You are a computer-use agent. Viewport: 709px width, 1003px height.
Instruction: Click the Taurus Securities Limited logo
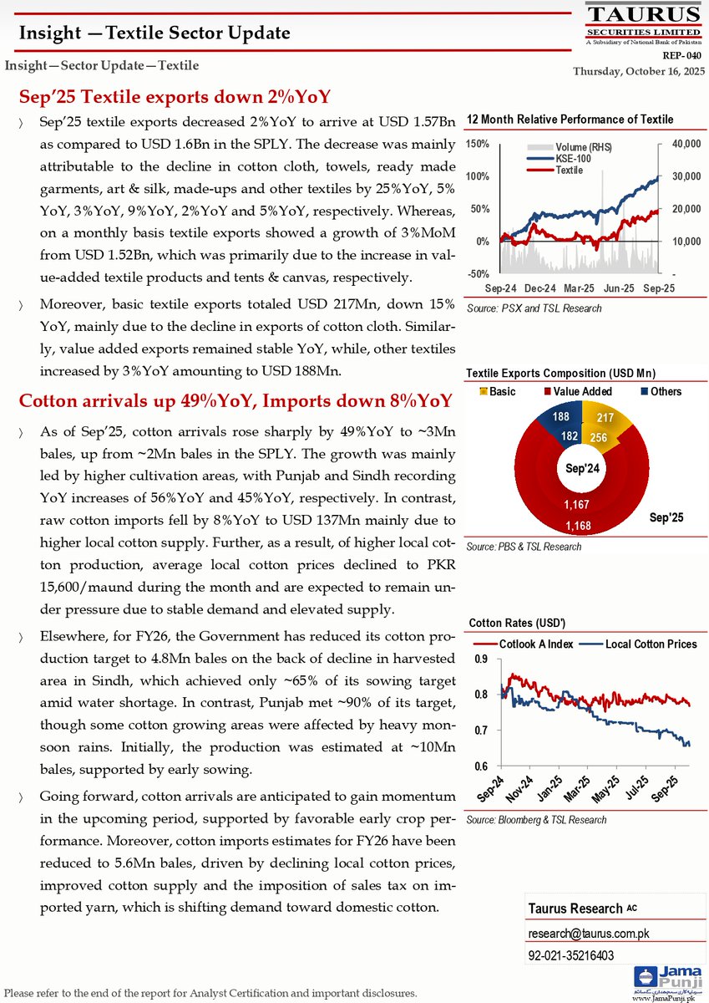pyautogui.click(x=642, y=24)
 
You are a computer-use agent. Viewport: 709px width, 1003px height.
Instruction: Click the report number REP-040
pyautogui.click(x=681, y=56)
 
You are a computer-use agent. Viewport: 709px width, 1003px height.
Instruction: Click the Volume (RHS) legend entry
pyautogui.click(x=582, y=148)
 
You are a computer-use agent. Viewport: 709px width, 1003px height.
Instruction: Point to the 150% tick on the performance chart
pyautogui.click(x=478, y=145)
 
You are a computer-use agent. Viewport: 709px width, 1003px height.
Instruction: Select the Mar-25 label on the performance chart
pyautogui.click(x=579, y=288)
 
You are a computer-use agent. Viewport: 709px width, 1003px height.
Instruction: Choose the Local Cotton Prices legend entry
pyautogui.click(x=651, y=644)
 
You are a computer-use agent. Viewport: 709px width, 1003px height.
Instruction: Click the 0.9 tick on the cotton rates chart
pyautogui.click(x=480, y=659)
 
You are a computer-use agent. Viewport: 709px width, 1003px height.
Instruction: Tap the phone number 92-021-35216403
pyautogui.click(x=570, y=955)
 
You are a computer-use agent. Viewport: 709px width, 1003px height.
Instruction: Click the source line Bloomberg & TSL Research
pyautogui.click(x=536, y=820)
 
